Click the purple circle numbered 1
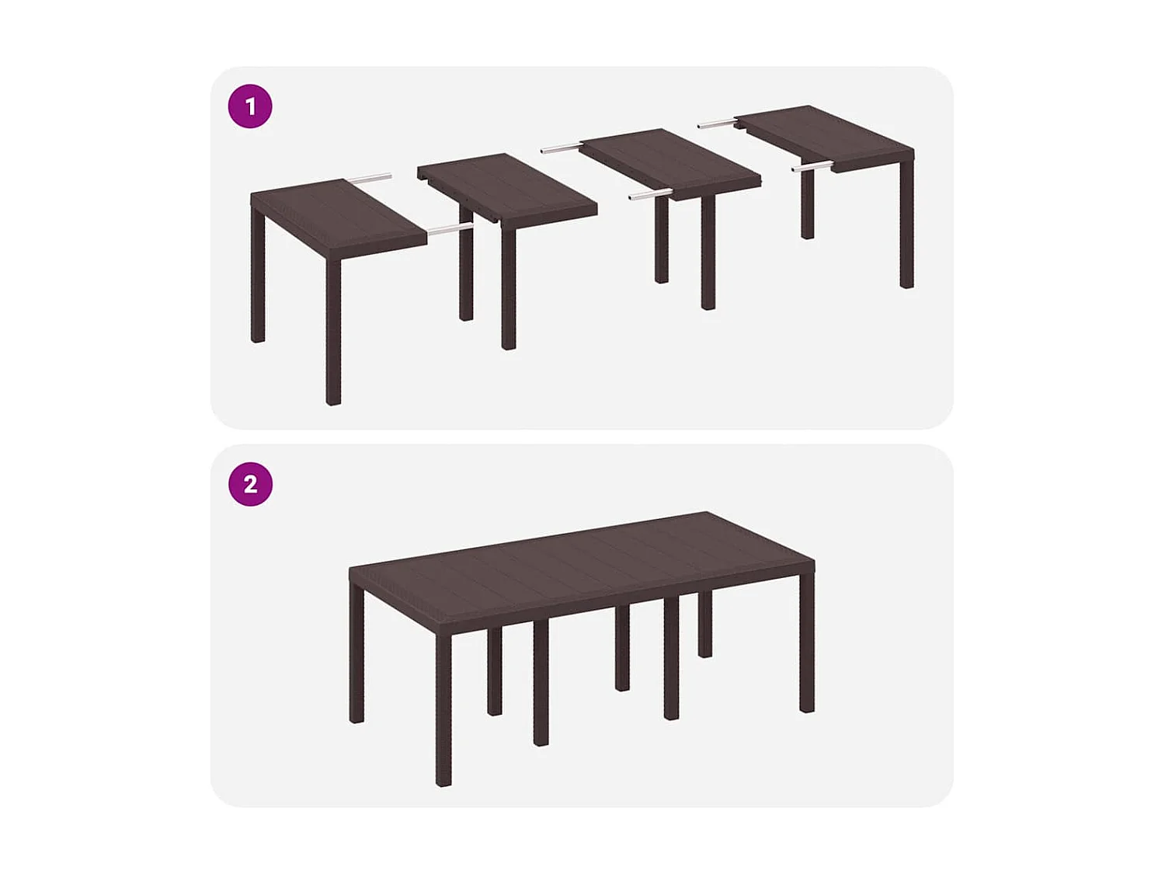pyautogui.click(x=250, y=106)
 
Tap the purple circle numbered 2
pyautogui.click(x=250, y=484)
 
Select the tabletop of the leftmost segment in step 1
pyautogui.click(x=338, y=218)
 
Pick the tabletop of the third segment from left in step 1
pyautogui.click(x=669, y=162)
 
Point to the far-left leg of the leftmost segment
pyautogui.click(x=258, y=280)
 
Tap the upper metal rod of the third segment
pyautogui.click(x=561, y=148)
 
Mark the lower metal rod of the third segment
pyautogui.click(x=650, y=194)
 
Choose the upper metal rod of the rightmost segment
pyautogui.click(x=716, y=123)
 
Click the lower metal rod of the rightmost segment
pyautogui.click(x=812, y=166)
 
